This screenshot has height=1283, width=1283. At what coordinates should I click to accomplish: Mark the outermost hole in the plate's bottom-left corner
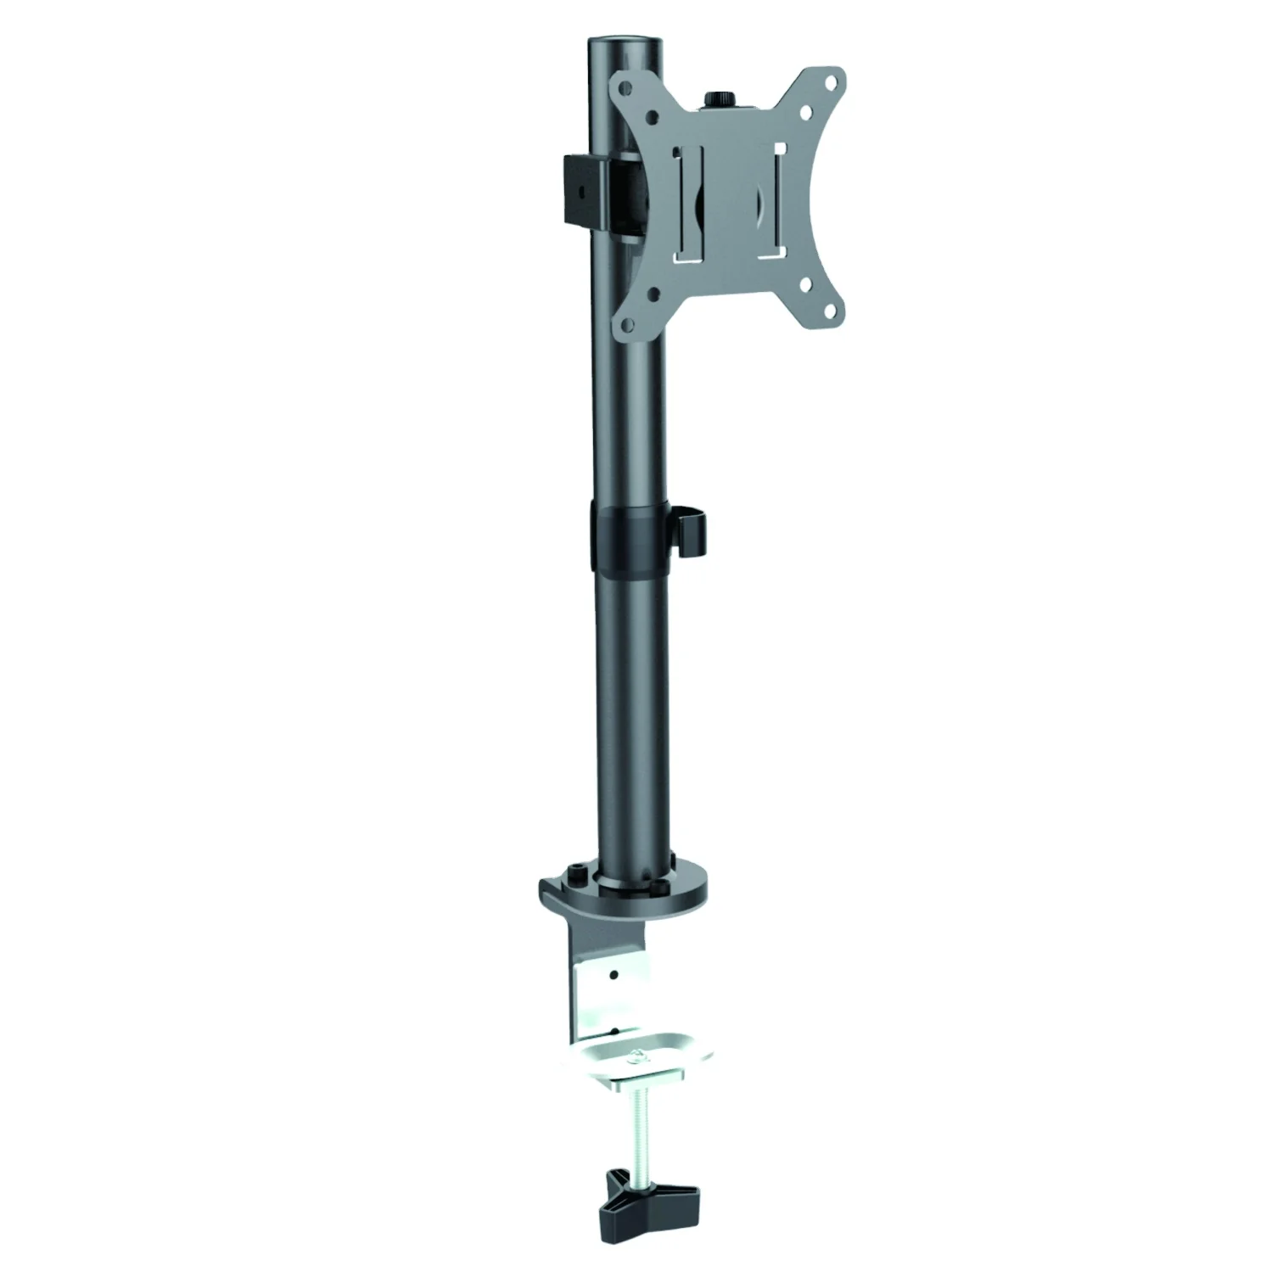627,324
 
